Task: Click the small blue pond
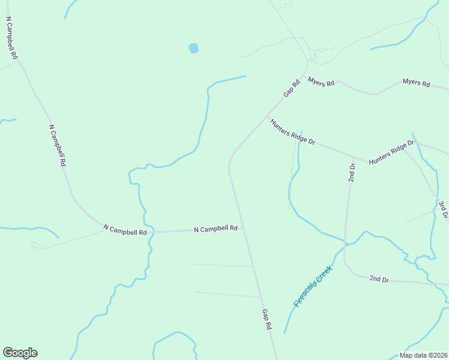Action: (193, 48)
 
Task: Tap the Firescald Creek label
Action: (313, 287)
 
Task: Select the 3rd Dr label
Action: (443, 210)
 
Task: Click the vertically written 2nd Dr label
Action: (352, 172)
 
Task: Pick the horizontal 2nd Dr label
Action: (379, 279)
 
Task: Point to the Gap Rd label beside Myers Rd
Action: (291, 89)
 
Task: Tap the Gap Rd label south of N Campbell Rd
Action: (267, 319)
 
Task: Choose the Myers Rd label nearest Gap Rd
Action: (321, 82)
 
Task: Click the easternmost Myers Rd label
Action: (416, 83)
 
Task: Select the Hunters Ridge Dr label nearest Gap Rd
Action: (292, 132)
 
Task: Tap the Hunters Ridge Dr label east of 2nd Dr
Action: (392, 152)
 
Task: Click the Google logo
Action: (20, 353)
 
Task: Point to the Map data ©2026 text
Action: (423, 355)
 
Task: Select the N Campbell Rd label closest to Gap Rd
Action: (215, 229)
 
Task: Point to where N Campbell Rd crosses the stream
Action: (151, 231)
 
